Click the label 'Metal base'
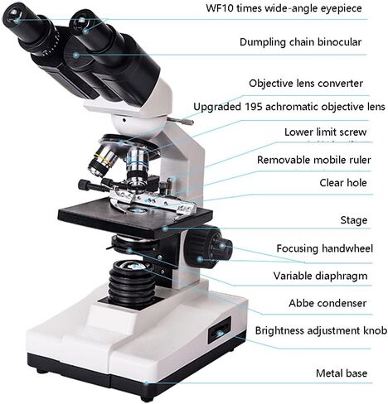(x=342, y=373)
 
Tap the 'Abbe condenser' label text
(x=327, y=303)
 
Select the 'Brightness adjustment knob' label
(x=321, y=330)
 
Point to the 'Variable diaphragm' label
(x=320, y=276)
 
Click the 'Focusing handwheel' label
(x=325, y=248)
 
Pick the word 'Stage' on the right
(x=354, y=220)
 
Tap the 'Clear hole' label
(x=343, y=183)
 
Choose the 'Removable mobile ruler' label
(x=314, y=160)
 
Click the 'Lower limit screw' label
(x=326, y=132)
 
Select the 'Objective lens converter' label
(x=306, y=84)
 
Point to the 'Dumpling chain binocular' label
(x=300, y=42)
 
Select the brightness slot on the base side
(x=219, y=330)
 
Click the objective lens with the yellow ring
(x=103, y=161)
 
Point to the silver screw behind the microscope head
(x=181, y=121)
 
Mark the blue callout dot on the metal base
(x=147, y=382)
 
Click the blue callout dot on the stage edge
(x=165, y=228)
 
